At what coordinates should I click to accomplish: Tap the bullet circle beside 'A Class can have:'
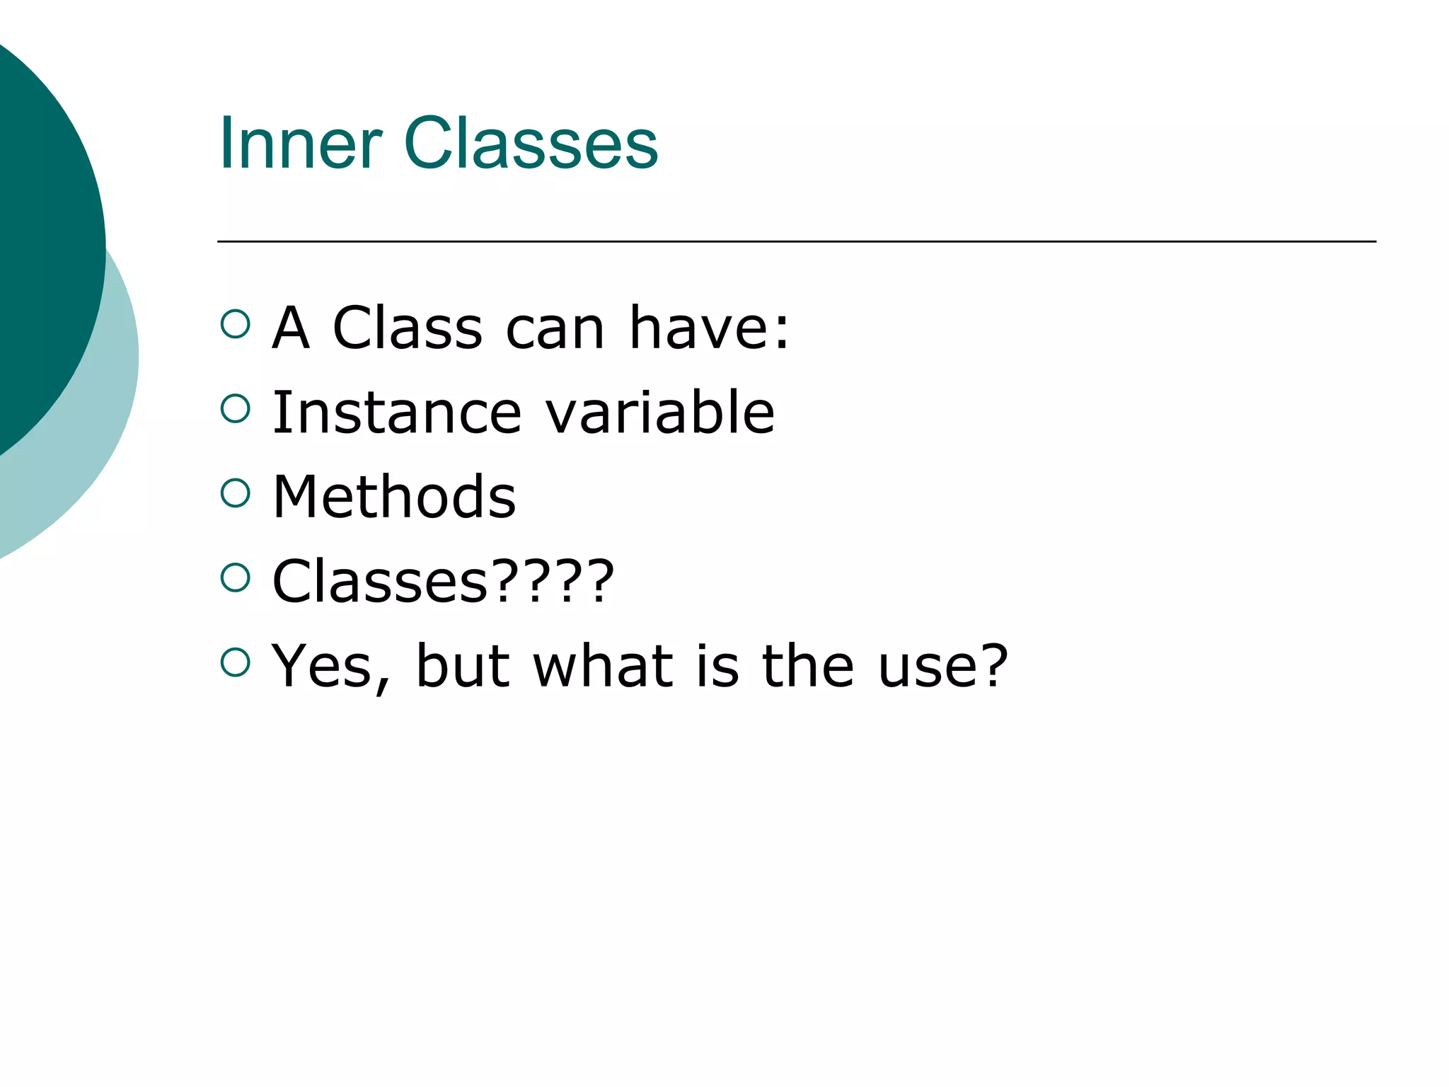coord(236,325)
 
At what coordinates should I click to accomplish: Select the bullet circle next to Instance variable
coord(236,409)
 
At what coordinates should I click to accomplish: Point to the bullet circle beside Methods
coord(236,493)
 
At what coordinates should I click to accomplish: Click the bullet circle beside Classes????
coord(236,578)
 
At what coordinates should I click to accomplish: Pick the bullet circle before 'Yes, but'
coord(236,662)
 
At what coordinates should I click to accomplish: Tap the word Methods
coord(394,497)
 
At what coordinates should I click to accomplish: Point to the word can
coord(555,330)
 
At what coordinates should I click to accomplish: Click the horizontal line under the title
coord(796,242)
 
